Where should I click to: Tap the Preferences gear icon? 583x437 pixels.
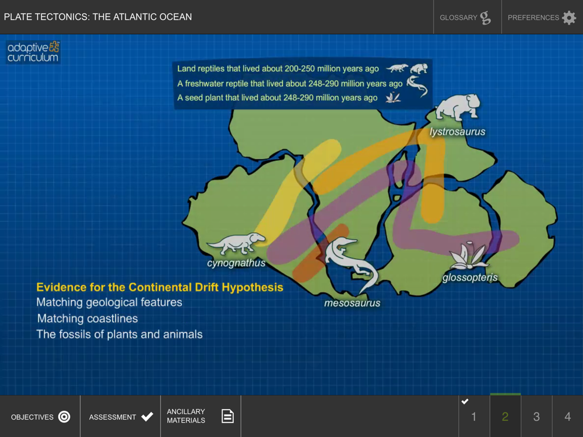coord(569,17)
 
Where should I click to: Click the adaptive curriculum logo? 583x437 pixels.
coord(33,52)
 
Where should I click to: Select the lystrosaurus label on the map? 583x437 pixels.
coord(457,132)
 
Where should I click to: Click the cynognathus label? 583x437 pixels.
coord(236,263)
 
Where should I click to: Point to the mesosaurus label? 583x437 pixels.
coord(352,303)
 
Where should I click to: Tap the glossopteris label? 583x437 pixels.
coord(469,277)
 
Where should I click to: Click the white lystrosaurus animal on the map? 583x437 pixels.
coord(458,107)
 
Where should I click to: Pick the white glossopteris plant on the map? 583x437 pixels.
coord(468,256)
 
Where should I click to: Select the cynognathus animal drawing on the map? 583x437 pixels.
coord(236,244)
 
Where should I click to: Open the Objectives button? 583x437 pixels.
coord(40,417)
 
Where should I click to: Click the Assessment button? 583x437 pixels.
coord(121,417)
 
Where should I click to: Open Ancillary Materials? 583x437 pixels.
coord(201,416)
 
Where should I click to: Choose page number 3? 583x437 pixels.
coord(536,417)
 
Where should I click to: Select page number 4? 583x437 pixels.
coord(567,417)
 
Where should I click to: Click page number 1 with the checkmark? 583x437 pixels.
coord(473,417)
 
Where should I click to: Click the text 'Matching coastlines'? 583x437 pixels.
coord(87,319)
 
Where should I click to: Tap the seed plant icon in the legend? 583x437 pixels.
coord(393,97)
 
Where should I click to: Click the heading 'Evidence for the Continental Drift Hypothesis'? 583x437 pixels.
coord(160,287)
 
